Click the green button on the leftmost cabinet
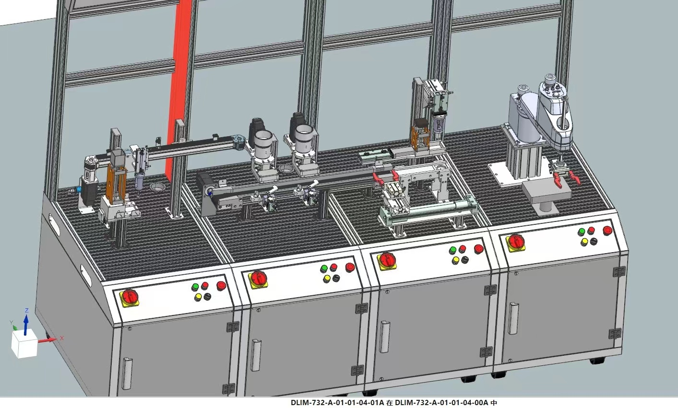click(x=195, y=286)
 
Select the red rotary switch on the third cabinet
click(x=386, y=261)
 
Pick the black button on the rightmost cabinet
click(x=594, y=241)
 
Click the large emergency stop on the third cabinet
click(x=478, y=249)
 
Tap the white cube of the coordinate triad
click(x=24, y=344)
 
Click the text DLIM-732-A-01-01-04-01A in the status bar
click(x=337, y=403)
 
